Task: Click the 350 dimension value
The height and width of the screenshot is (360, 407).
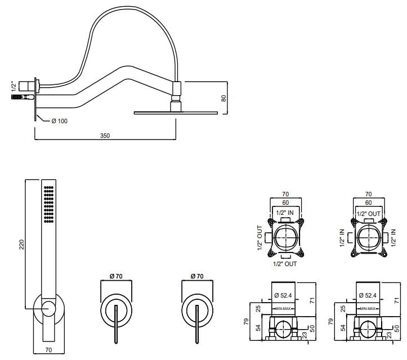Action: pyautogui.click(x=105, y=136)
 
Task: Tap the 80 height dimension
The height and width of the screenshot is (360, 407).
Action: pyautogui.click(x=223, y=97)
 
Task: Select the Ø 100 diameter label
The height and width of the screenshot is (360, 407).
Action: pyautogui.click(x=59, y=121)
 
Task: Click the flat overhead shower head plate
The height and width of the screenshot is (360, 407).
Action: pyautogui.click(x=176, y=113)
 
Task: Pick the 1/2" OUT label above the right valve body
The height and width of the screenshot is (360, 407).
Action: pyautogui.click(x=369, y=213)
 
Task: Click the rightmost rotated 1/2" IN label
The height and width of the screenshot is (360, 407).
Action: pyautogui.click(x=394, y=237)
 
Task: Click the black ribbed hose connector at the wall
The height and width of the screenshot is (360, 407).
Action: pyautogui.click(x=18, y=98)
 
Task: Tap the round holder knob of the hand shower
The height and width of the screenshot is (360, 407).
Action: pyautogui.click(x=48, y=308)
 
